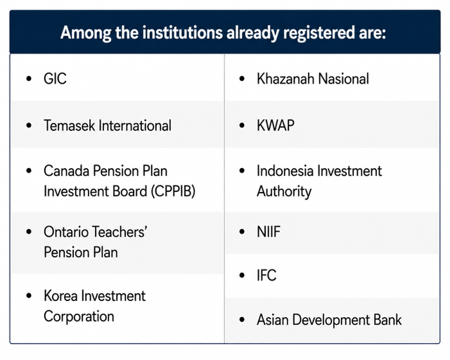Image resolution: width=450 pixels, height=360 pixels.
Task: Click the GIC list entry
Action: click(x=55, y=79)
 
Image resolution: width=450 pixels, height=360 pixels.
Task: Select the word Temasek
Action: click(x=69, y=125)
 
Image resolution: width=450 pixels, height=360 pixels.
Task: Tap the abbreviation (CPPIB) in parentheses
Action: click(x=173, y=191)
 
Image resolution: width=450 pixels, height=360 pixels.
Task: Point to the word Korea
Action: click(x=60, y=296)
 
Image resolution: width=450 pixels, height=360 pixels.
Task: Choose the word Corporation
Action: click(x=79, y=316)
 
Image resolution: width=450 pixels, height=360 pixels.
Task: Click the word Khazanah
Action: click(x=285, y=79)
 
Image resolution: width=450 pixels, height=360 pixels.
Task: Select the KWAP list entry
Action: click(x=276, y=125)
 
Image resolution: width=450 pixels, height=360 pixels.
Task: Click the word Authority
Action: click(x=284, y=191)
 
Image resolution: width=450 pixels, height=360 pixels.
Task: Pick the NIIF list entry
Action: click(x=269, y=231)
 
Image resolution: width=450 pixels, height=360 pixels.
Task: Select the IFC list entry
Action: click(x=266, y=276)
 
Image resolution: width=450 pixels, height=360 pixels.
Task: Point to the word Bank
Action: click(x=387, y=320)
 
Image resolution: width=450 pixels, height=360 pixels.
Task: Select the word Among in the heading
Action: click(x=86, y=33)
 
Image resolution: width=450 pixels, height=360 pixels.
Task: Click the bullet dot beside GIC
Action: click(x=29, y=78)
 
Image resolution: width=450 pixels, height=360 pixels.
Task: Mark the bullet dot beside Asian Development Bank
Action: click(x=242, y=319)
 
